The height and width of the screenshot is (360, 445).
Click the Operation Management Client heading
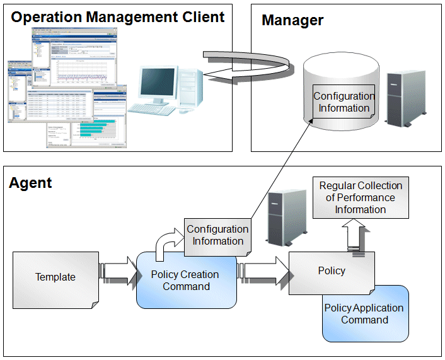118,17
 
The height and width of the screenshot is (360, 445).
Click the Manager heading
292,20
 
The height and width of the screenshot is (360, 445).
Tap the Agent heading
30,183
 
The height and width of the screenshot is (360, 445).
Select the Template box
55,277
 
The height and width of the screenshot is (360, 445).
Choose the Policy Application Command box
365,314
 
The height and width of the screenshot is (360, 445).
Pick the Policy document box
332,271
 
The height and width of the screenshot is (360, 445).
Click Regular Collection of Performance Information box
361,197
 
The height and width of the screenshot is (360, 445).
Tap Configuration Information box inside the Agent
217,235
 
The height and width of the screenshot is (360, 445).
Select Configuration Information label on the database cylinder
344,102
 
